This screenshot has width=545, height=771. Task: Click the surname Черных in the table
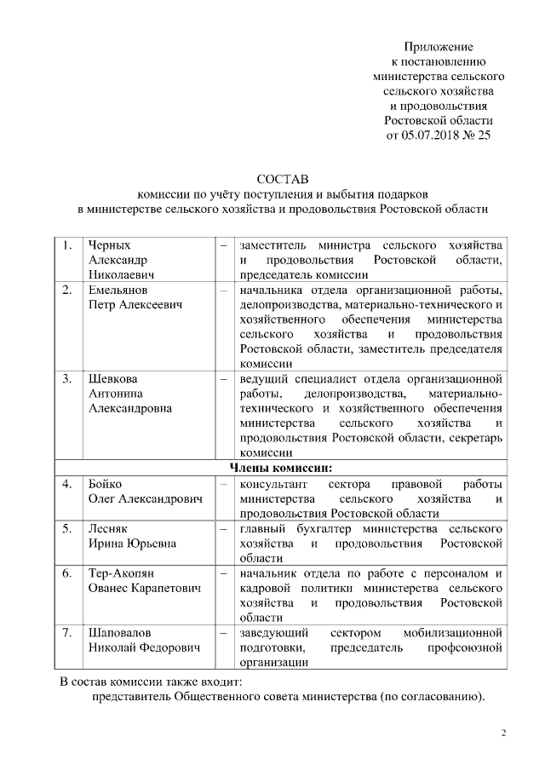tap(110, 245)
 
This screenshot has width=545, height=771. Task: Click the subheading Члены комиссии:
tap(281, 468)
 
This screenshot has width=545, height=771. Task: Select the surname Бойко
tap(106, 483)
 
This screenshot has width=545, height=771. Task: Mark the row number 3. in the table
tap(67, 378)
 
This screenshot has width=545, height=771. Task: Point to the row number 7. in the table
tap(67, 633)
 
